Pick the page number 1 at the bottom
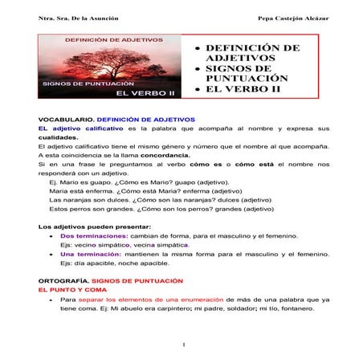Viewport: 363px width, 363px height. [x=184, y=346]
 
